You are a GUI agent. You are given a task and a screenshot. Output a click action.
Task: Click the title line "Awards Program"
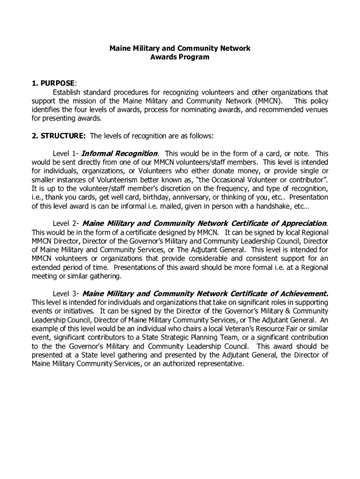tap(180, 58)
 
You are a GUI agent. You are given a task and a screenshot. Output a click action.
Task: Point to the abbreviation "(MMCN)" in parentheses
tap(269, 101)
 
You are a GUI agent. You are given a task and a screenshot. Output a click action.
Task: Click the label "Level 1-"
tap(66, 153)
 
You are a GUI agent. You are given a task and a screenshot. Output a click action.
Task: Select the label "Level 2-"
tap(66, 224)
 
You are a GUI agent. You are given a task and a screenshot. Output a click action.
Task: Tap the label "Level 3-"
tap(66, 294)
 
